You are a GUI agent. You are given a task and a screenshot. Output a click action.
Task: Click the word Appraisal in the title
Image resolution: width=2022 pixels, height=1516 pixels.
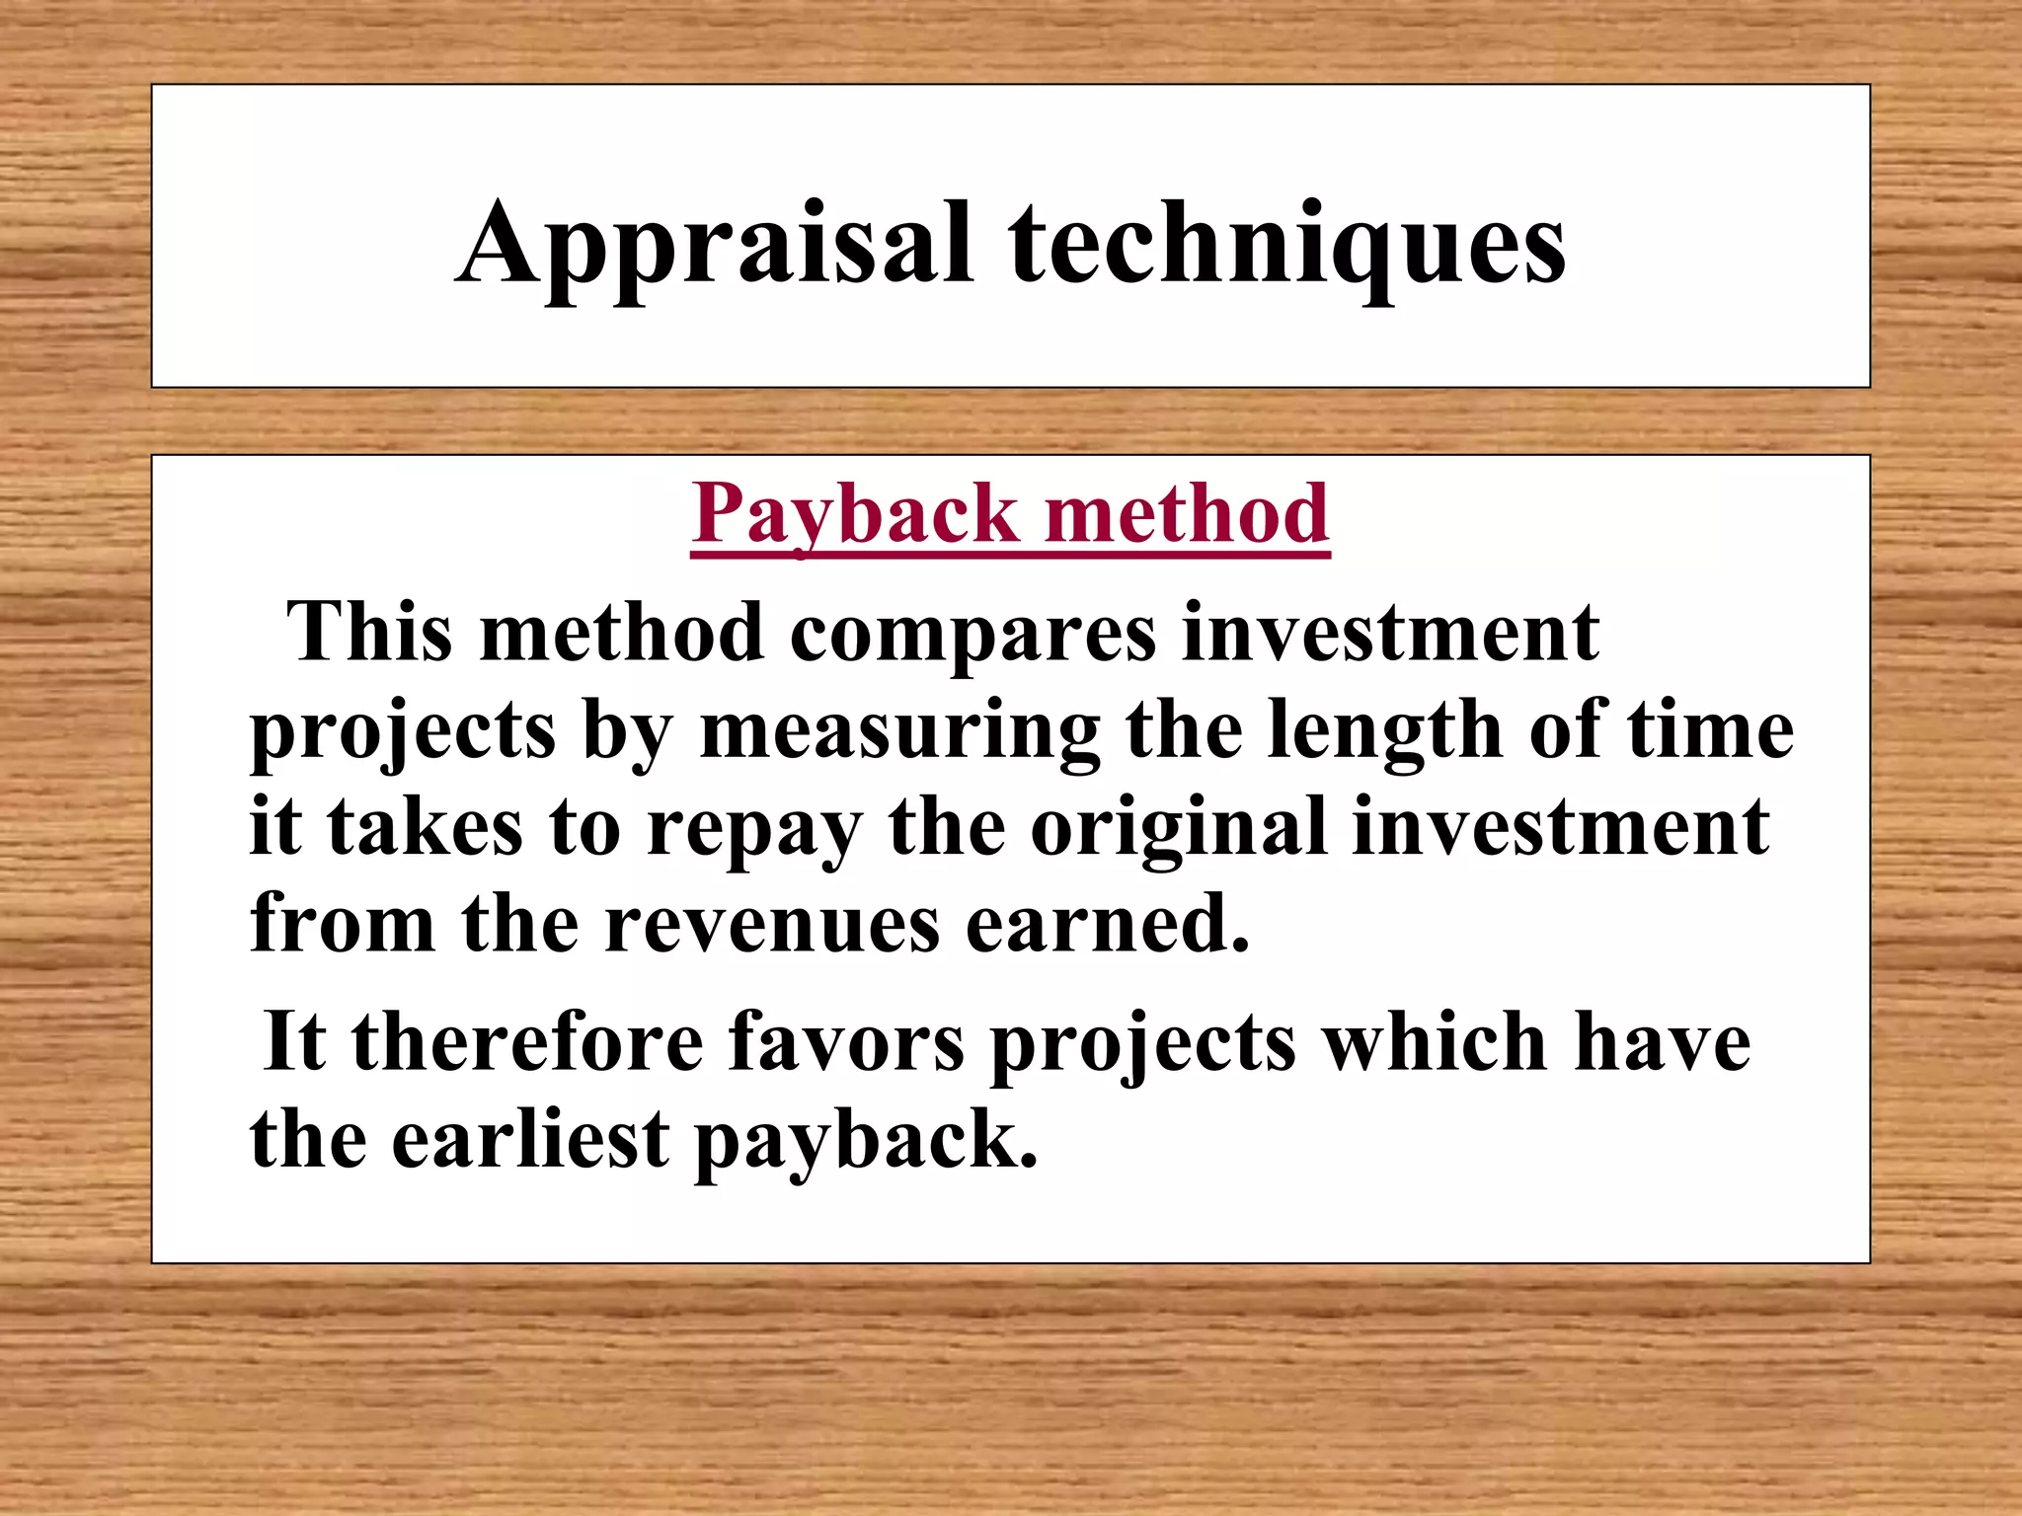(x=715, y=245)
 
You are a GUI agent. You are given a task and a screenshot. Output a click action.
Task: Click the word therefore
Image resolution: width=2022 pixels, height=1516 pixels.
(x=527, y=1042)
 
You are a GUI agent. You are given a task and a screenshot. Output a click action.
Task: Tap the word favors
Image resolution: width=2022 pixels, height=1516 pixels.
(x=846, y=1042)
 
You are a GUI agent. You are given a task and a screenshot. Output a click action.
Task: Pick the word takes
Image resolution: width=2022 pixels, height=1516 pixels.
(x=425, y=829)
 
